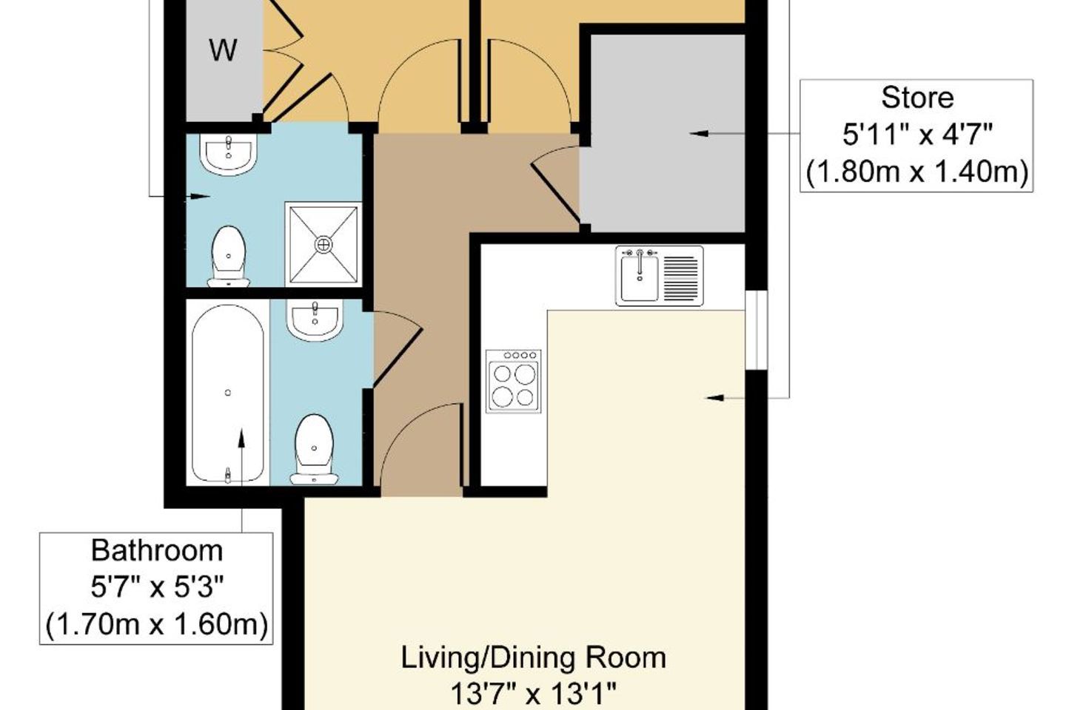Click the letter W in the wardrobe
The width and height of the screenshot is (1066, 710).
point(223,50)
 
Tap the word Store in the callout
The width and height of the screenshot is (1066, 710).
point(917,98)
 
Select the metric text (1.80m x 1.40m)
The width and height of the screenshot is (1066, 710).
point(917,171)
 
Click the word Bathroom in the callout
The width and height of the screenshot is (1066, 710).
point(157,551)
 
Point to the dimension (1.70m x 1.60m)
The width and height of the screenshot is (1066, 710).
point(157,624)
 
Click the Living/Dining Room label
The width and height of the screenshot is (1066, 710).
point(533,657)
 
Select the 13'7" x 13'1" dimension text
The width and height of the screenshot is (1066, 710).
point(533,694)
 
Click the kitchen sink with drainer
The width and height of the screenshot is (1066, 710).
point(659,276)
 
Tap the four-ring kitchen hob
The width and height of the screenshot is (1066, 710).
point(514,381)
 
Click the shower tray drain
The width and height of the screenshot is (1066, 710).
point(323,245)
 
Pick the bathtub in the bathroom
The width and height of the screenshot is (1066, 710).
point(227,393)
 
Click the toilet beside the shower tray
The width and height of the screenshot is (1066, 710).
point(229,257)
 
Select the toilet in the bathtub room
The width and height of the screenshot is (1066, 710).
point(314,450)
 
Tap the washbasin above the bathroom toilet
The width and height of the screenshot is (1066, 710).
point(315,321)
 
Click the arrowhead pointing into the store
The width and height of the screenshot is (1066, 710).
point(699,134)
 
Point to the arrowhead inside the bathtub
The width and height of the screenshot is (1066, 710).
point(241,438)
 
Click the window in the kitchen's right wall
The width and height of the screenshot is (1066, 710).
point(757,330)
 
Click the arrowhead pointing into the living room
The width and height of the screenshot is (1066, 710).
point(714,398)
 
